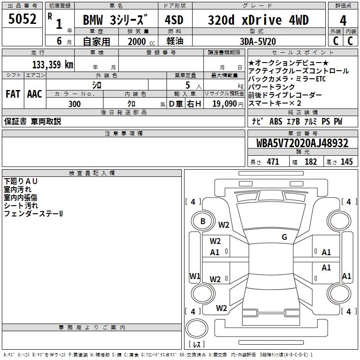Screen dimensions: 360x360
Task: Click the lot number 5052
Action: (22, 19)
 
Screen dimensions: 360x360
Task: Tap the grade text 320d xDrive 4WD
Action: (258, 20)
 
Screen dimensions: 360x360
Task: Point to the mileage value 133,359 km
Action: (53, 64)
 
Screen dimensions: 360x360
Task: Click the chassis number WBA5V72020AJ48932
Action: (302, 143)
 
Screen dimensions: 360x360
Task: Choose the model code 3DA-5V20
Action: (258, 41)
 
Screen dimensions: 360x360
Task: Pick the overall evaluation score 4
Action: (343, 20)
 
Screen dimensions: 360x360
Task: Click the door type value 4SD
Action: (174, 20)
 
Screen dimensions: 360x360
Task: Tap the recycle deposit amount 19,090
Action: (225, 104)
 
